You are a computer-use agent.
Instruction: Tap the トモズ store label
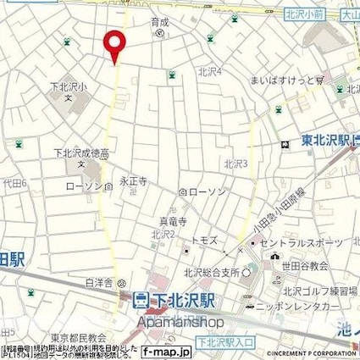205,241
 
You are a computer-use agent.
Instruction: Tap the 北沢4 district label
209,72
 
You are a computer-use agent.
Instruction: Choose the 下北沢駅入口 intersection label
221,340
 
